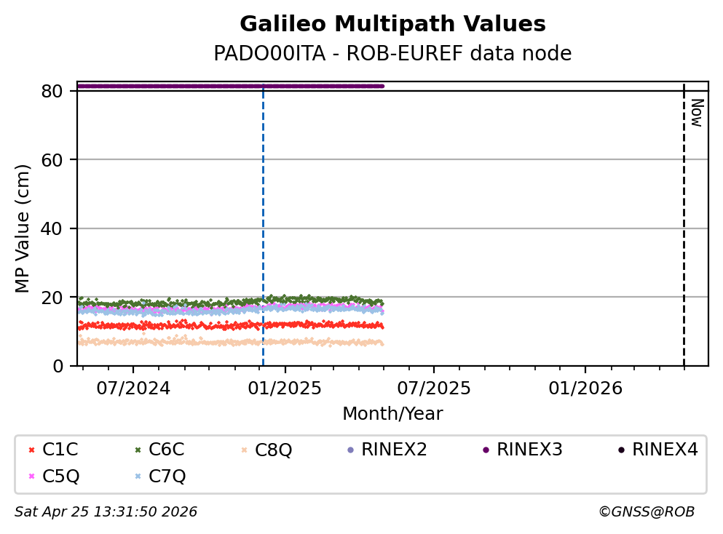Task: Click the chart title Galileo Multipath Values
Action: pyautogui.click(x=392, y=24)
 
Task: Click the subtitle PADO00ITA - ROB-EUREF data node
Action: pyautogui.click(x=392, y=54)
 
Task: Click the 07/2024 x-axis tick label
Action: pyautogui.click(x=133, y=388)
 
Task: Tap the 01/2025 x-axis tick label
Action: pyautogui.click(x=285, y=388)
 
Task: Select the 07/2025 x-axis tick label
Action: pyautogui.click(x=434, y=388)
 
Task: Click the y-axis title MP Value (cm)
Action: pyautogui.click(x=23, y=228)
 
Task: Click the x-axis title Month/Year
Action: pyautogui.click(x=392, y=414)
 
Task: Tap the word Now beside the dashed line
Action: pyautogui.click(x=696, y=113)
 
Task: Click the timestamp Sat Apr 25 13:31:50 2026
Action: pyautogui.click(x=106, y=512)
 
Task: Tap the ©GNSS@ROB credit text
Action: pyautogui.click(x=647, y=512)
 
